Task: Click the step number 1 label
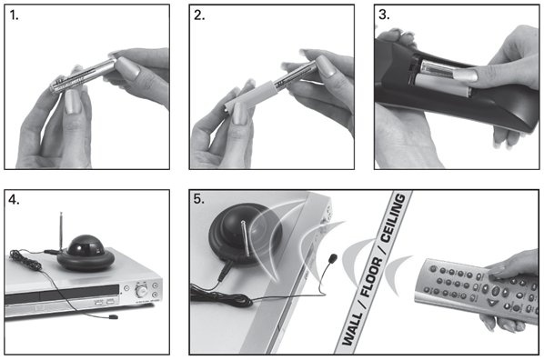click(x=14, y=15)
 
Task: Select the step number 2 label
click(x=199, y=15)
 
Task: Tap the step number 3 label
click(x=384, y=15)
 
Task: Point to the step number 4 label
click(x=14, y=201)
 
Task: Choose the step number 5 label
click(x=199, y=199)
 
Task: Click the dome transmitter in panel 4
click(x=86, y=253)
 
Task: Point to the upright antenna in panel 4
click(x=61, y=231)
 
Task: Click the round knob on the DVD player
click(x=141, y=291)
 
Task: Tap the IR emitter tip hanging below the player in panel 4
click(x=113, y=316)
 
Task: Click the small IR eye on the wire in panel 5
click(x=333, y=257)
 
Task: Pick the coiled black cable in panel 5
click(x=222, y=297)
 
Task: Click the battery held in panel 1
click(x=83, y=77)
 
